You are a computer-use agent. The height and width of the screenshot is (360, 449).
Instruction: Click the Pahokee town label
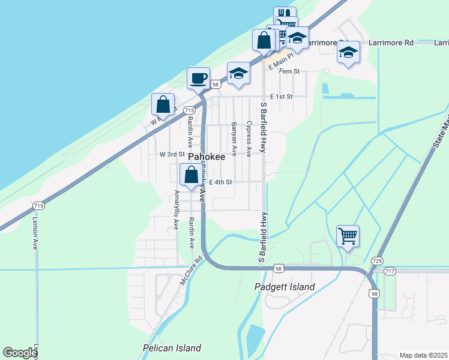(x=207, y=157)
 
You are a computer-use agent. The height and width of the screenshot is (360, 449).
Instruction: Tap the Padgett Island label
(x=285, y=287)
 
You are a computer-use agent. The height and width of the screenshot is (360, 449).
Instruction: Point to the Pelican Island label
(x=172, y=348)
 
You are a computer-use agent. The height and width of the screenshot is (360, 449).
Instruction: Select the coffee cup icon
(x=199, y=77)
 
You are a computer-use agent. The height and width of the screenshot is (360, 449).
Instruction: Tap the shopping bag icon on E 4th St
(x=191, y=175)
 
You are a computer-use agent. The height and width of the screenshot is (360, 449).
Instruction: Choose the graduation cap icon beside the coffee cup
(x=238, y=74)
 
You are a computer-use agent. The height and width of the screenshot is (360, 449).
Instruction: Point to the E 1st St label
(x=282, y=96)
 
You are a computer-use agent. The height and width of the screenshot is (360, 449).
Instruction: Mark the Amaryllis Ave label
(x=176, y=210)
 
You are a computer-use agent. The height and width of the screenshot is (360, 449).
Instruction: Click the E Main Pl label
(x=280, y=62)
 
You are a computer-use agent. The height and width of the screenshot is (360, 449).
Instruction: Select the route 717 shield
(x=390, y=271)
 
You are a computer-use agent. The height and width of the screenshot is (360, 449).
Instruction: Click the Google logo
(x=19, y=353)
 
